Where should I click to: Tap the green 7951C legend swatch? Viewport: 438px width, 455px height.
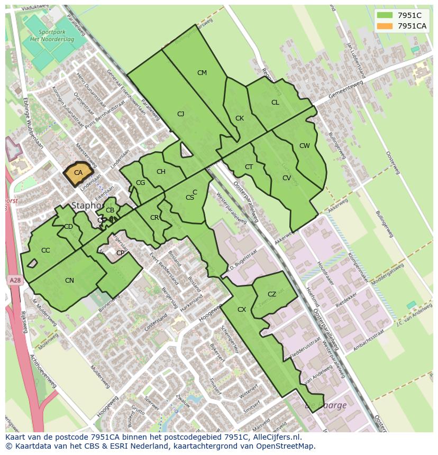385,15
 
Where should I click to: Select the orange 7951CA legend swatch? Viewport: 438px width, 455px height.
385,26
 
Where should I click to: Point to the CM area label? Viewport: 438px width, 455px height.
202,73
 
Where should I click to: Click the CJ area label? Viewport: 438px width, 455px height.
180,114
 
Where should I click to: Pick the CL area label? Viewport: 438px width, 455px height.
275,103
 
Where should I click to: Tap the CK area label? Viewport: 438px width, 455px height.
240,118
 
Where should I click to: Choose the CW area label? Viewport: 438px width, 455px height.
304,146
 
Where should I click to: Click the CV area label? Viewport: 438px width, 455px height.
287,178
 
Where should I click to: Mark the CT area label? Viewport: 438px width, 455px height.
249,167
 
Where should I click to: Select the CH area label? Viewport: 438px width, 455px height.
161,171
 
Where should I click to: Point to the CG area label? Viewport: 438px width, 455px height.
140,183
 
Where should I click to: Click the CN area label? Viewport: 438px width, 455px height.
69,281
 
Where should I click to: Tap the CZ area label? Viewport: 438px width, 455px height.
272,294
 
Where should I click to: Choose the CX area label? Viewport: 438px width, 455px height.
242,310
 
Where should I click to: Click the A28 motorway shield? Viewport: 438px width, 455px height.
15,281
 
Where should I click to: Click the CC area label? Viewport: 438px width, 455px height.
45,250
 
